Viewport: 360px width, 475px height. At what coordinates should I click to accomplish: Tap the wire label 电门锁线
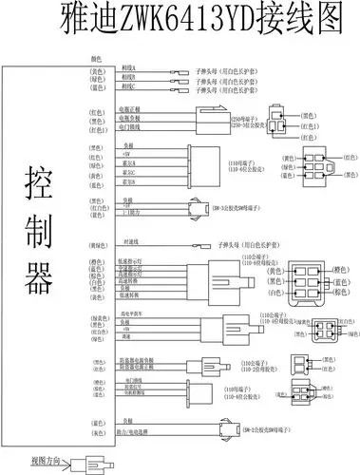click(130, 126)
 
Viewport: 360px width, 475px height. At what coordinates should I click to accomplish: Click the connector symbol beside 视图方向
click(90, 461)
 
